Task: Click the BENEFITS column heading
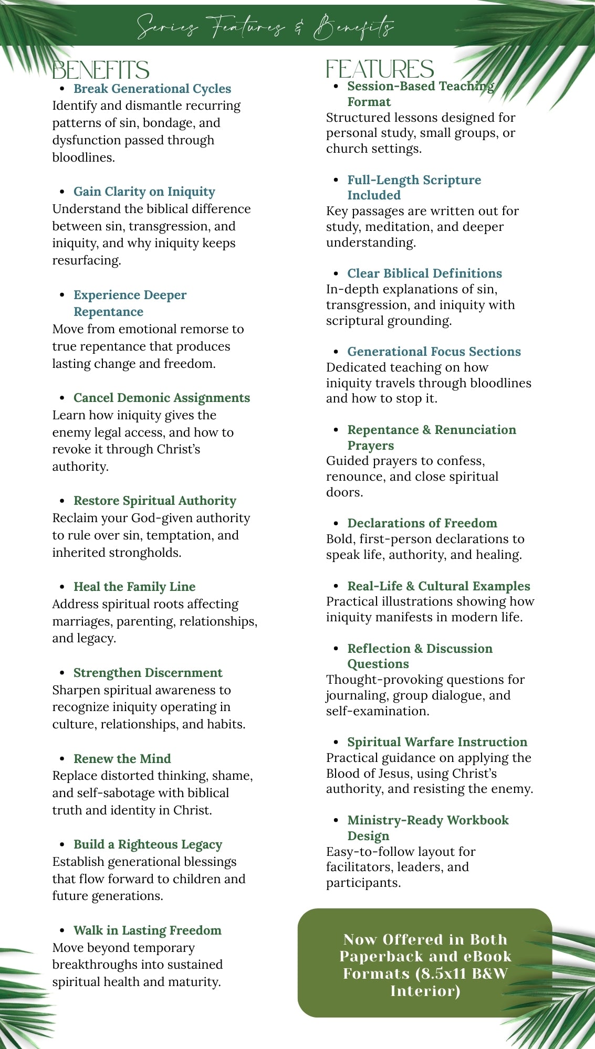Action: (x=101, y=70)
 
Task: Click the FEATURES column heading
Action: (x=380, y=69)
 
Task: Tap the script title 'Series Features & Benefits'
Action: (x=265, y=26)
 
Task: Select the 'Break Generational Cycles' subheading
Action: (x=152, y=89)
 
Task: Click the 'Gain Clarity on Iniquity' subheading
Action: (x=144, y=192)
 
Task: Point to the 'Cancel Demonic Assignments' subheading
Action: (x=161, y=398)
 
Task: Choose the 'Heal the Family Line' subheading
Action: (x=134, y=587)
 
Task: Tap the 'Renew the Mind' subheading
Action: (x=122, y=759)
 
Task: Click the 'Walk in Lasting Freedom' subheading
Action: (x=147, y=930)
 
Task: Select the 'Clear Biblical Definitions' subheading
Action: (x=424, y=273)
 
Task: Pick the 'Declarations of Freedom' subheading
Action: (x=422, y=523)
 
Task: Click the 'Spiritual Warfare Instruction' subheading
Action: (x=437, y=742)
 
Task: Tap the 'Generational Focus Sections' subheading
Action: (x=434, y=352)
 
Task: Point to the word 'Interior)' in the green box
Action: (x=425, y=991)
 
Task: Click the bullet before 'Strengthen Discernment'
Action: (x=62, y=673)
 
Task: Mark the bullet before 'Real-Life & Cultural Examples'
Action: (x=336, y=586)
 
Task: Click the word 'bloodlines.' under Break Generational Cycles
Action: (x=83, y=157)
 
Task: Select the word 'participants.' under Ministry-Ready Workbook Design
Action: (x=363, y=883)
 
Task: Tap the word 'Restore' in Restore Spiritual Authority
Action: (x=96, y=501)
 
